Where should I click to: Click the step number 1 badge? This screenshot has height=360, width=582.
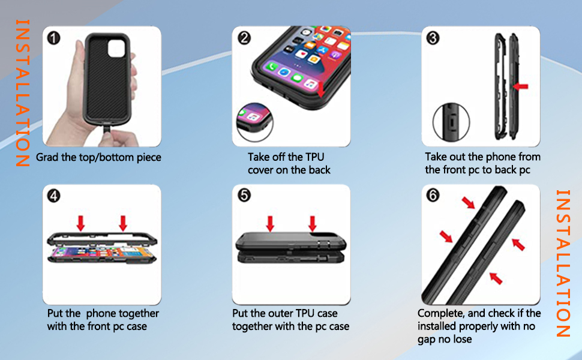point(54,38)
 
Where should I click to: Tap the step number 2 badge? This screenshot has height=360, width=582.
point(244,38)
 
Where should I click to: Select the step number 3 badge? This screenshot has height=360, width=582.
point(433,38)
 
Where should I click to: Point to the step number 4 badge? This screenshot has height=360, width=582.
point(54,196)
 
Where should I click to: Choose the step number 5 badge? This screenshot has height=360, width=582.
point(244,196)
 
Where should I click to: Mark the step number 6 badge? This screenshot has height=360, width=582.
point(433,196)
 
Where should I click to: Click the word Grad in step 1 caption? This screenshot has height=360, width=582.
point(47,158)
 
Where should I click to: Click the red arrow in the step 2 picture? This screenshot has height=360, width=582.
point(320,90)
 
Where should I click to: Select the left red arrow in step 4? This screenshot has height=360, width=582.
point(81,223)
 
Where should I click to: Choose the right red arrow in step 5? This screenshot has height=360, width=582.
point(313,223)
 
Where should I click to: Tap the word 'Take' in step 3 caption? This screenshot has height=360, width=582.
point(436,157)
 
